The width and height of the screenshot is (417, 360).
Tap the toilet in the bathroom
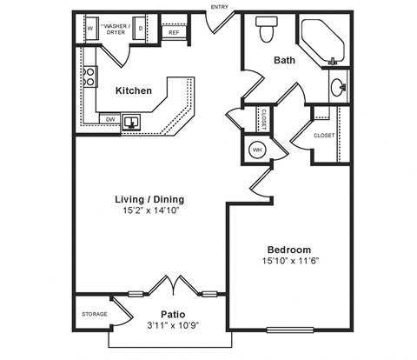pos(267,30)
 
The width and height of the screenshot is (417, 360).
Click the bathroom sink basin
pos(337,87)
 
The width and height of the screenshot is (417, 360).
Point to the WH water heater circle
pos(256,150)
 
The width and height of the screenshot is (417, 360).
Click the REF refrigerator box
pos(174,33)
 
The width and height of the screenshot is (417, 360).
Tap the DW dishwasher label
pos(110,119)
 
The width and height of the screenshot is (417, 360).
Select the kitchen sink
pos(134,121)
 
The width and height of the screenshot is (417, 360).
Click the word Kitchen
pos(134,90)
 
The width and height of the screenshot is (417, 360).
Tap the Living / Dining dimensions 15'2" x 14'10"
pos(149,210)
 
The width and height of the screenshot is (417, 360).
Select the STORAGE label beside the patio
pos(94,314)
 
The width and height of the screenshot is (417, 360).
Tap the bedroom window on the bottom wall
pos(294,330)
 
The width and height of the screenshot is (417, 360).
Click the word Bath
pos(284,60)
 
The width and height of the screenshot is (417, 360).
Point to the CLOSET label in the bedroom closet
pos(324,136)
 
